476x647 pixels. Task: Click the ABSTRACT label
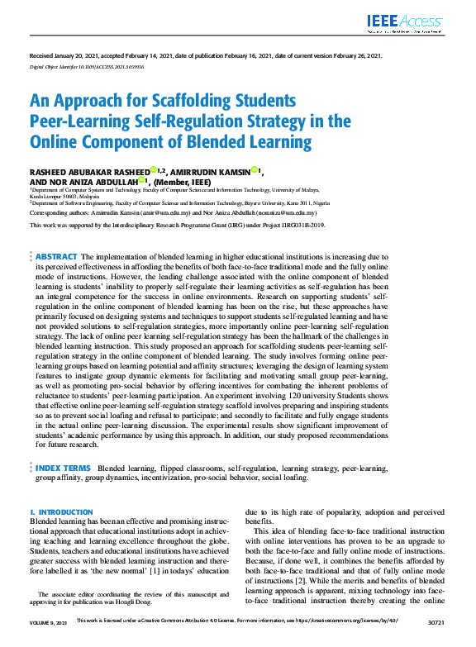(x=57, y=257)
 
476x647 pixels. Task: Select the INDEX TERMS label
(x=64, y=468)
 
